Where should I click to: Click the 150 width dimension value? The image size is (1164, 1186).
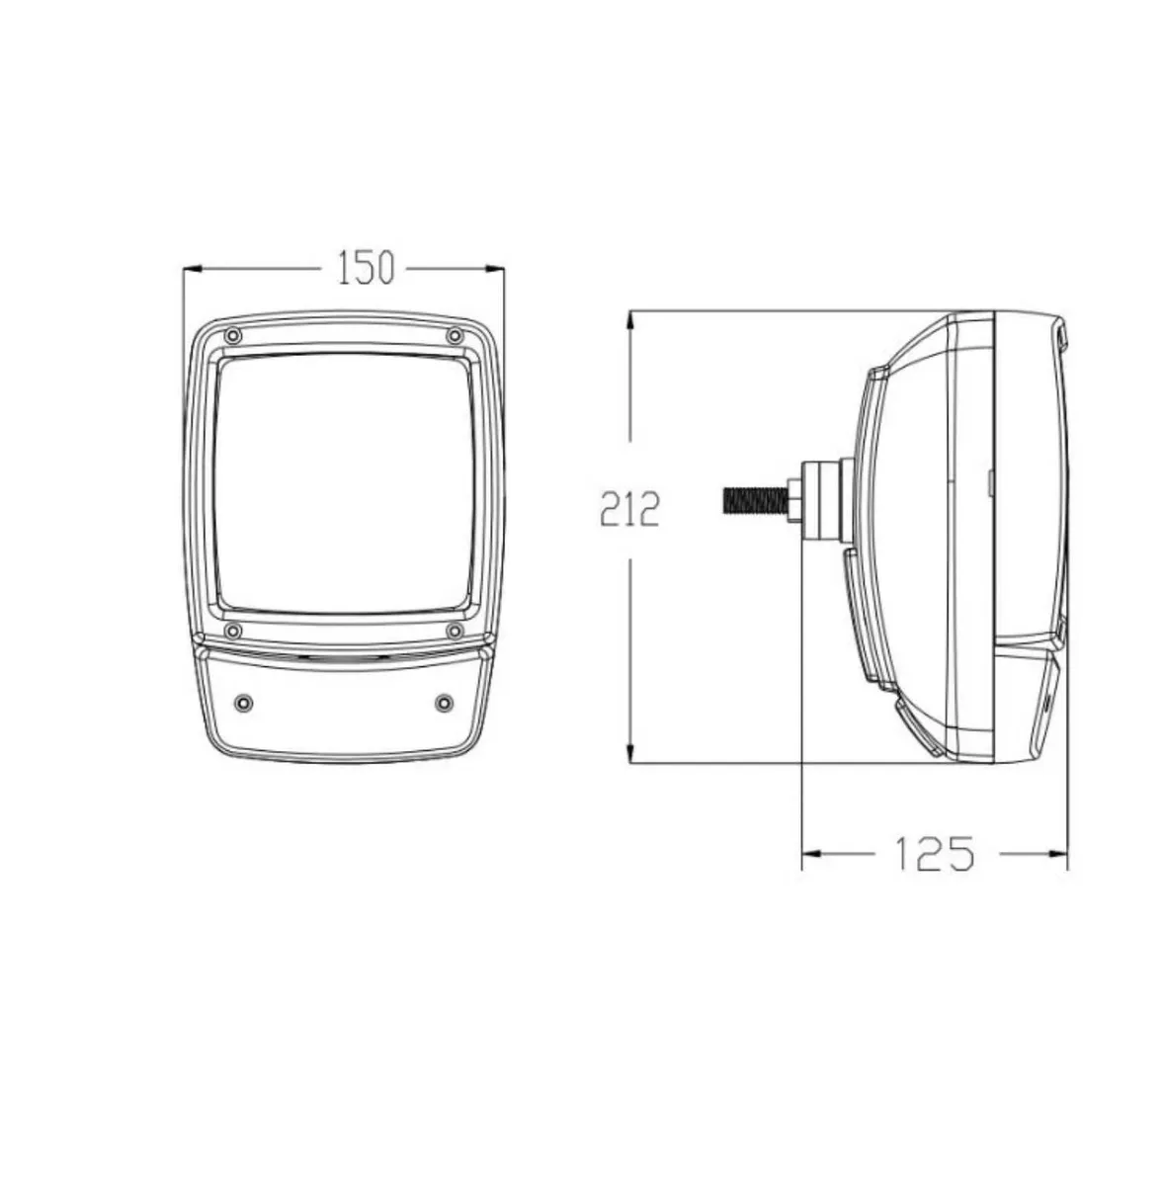tap(366, 268)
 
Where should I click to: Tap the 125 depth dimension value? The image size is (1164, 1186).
tap(934, 852)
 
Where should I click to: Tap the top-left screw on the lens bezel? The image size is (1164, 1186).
tap(231, 336)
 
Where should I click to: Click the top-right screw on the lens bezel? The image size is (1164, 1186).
tap(454, 336)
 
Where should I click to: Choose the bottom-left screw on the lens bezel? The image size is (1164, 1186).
tap(231, 631)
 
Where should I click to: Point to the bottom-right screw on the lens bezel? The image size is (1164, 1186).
tap(454, 631)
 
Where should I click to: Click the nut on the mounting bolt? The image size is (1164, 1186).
tap(793, 498)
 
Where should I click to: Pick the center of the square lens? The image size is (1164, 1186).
tap(343, 483)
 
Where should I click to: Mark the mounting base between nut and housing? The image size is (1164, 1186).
tap(825, 498)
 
